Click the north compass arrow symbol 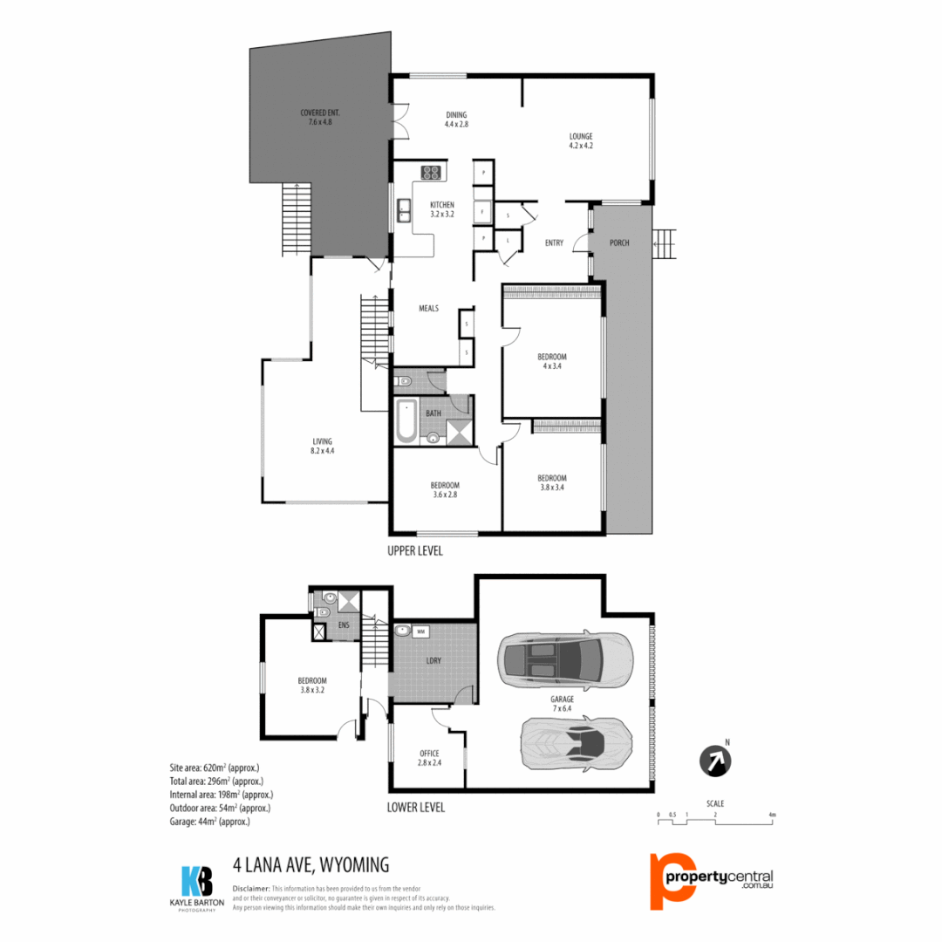click(x=715, y=760)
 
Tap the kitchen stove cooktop click(x=431, y=173)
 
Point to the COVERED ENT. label click(x=319, y=118)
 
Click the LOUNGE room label click(x=581, y=140)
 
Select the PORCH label click(x=619, y=242)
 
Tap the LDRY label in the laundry click(x=433, y=660)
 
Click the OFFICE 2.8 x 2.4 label click(x=429, y=757)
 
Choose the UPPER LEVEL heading click(x=415, y=551)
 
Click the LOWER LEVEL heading click(x=415, y=808)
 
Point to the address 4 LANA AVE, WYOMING click(x=311, y=865)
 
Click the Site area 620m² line click(x=214, y=768)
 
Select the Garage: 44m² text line click(x=210, y=822)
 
